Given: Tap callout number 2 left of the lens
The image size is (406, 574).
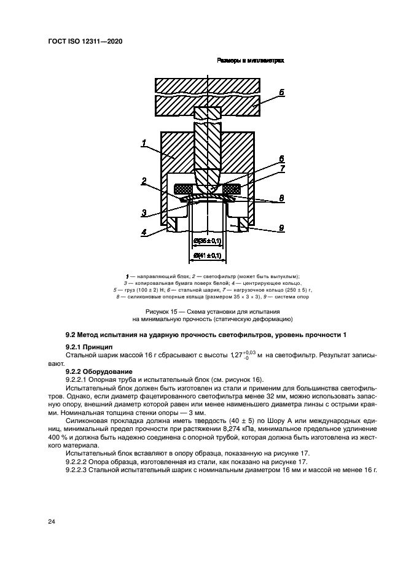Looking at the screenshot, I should coord(143,181).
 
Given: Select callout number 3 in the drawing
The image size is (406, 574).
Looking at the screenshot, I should coord(143,213).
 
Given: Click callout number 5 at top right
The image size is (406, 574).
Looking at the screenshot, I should coord(280,93).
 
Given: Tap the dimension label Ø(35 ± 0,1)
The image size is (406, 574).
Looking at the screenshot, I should coord(207,241).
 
